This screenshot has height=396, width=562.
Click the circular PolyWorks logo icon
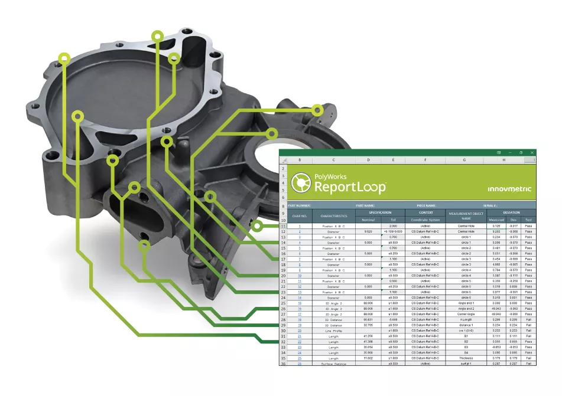(301, 182)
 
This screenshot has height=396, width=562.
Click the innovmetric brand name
(509, 189)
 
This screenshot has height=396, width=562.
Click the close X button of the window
(532, 152)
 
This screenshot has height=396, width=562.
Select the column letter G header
(465, 160)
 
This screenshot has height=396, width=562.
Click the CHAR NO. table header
(300, 216)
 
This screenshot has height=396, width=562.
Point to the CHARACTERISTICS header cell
(333, 216)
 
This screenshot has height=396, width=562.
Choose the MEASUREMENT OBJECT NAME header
(465, 216)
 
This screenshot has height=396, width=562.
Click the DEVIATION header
(512, 212)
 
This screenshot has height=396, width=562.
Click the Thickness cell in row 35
(465, 358)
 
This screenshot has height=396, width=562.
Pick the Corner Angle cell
(465, 314)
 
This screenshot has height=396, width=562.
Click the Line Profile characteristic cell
(333, 330)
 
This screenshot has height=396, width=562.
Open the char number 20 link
(300, 330)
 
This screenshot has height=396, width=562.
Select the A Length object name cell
(465, 319)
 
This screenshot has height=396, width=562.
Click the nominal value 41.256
(368, 336)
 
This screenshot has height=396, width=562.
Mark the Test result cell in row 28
(528, 319)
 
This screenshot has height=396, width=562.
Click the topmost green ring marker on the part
(157, 37)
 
